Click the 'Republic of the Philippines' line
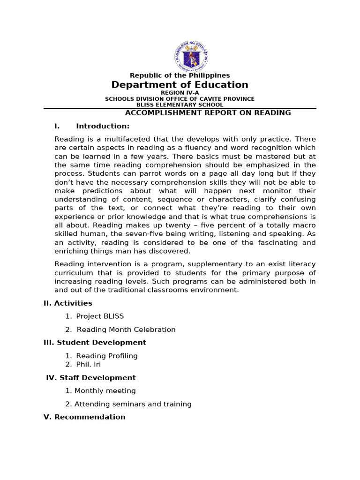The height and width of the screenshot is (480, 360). tap(180, 75)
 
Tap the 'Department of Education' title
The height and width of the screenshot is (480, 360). tap(180, 85)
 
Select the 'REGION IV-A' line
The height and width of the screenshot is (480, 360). tap(180, 93)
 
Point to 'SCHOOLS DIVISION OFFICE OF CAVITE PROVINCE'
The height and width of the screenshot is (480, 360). tap(180, 99)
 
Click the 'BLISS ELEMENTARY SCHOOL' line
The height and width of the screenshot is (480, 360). tap(180, 105)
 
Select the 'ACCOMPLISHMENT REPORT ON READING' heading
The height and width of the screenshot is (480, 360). tap(208, 113)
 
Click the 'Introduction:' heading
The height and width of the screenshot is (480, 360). tap(103, 126)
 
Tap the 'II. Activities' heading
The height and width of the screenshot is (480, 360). tap(68, 303)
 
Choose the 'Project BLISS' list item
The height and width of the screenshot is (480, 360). tap(100, 316)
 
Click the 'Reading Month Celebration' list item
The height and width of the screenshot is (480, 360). tap(126, 330)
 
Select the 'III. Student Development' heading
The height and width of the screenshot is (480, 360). tap(95, 343)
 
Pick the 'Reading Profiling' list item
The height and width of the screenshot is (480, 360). tap(107, 356)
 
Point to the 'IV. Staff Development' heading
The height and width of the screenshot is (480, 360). tap(91, 378)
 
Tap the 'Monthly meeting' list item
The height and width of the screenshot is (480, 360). tap(105, 391)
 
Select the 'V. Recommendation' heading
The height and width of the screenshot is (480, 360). tap(84, 417)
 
